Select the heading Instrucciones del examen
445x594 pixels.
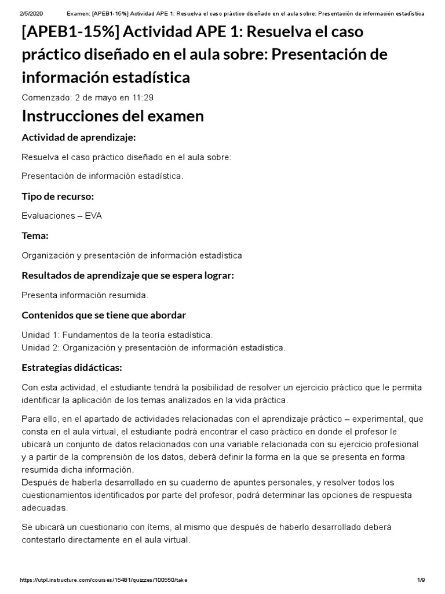tap(112, 116)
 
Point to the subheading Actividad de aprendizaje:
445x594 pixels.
tap(78, 137)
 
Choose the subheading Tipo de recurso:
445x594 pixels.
tap(57, 197)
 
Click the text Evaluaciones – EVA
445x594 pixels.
tap(62, 216)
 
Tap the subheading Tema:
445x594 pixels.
tap(35, 236)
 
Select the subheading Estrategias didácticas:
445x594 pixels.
tap(72, 368)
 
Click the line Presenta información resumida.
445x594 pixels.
tap(85, 295)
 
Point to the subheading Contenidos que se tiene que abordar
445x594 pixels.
tap(104, 315)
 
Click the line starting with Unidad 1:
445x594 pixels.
tap(117, 335)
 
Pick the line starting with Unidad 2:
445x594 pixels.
tap(154, 348)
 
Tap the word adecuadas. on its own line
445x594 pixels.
tap(45, 507)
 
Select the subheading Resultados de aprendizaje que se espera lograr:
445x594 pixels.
tap(127, 276)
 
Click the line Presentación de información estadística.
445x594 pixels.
tap(102, 176)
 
